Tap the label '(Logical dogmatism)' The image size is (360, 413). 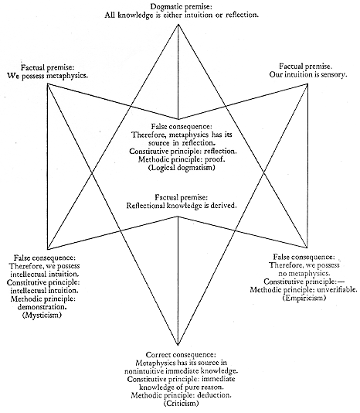pyautogui.click(x=182, y=168)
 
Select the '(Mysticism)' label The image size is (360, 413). pyautogui.click(x=42, y=315)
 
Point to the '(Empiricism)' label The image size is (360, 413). pyautogui.click(x=304, y=298)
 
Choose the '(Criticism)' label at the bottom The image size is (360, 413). pyautogui.click(x=181, y=403)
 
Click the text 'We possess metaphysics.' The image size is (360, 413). pyautogui.click(x=47, y=76)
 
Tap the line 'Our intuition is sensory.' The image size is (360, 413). pyautogui.click(x=308, y=75)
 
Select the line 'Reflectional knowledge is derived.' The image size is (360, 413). pyautogui.click(x=182, y=206)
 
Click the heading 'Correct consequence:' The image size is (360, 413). pyautogui.click(x=181, y=355)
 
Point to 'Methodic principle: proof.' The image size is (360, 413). pyautogui.click(x=182, y=159)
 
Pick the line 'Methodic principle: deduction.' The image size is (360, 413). pyautogui.click(x=182, y=395)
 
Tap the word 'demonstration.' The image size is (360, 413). pyautogui.click(x=42, y=307)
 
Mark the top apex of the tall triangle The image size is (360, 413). pyautogui.click(x=178, y=24)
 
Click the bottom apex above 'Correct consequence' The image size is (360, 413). pyautogui.click(x=178, y=345)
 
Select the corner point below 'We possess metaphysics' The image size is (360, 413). pyautogui.click(x=48, y=84)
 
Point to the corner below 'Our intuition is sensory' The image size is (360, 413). pyautogui.click(x=307, y=84)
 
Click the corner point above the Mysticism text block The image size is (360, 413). pyautogui.click(x=48, y=249)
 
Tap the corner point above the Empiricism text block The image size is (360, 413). pyautogui.click(x=307, y=247)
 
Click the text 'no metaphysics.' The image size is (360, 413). pyautogui.click(x=304, y=274)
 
